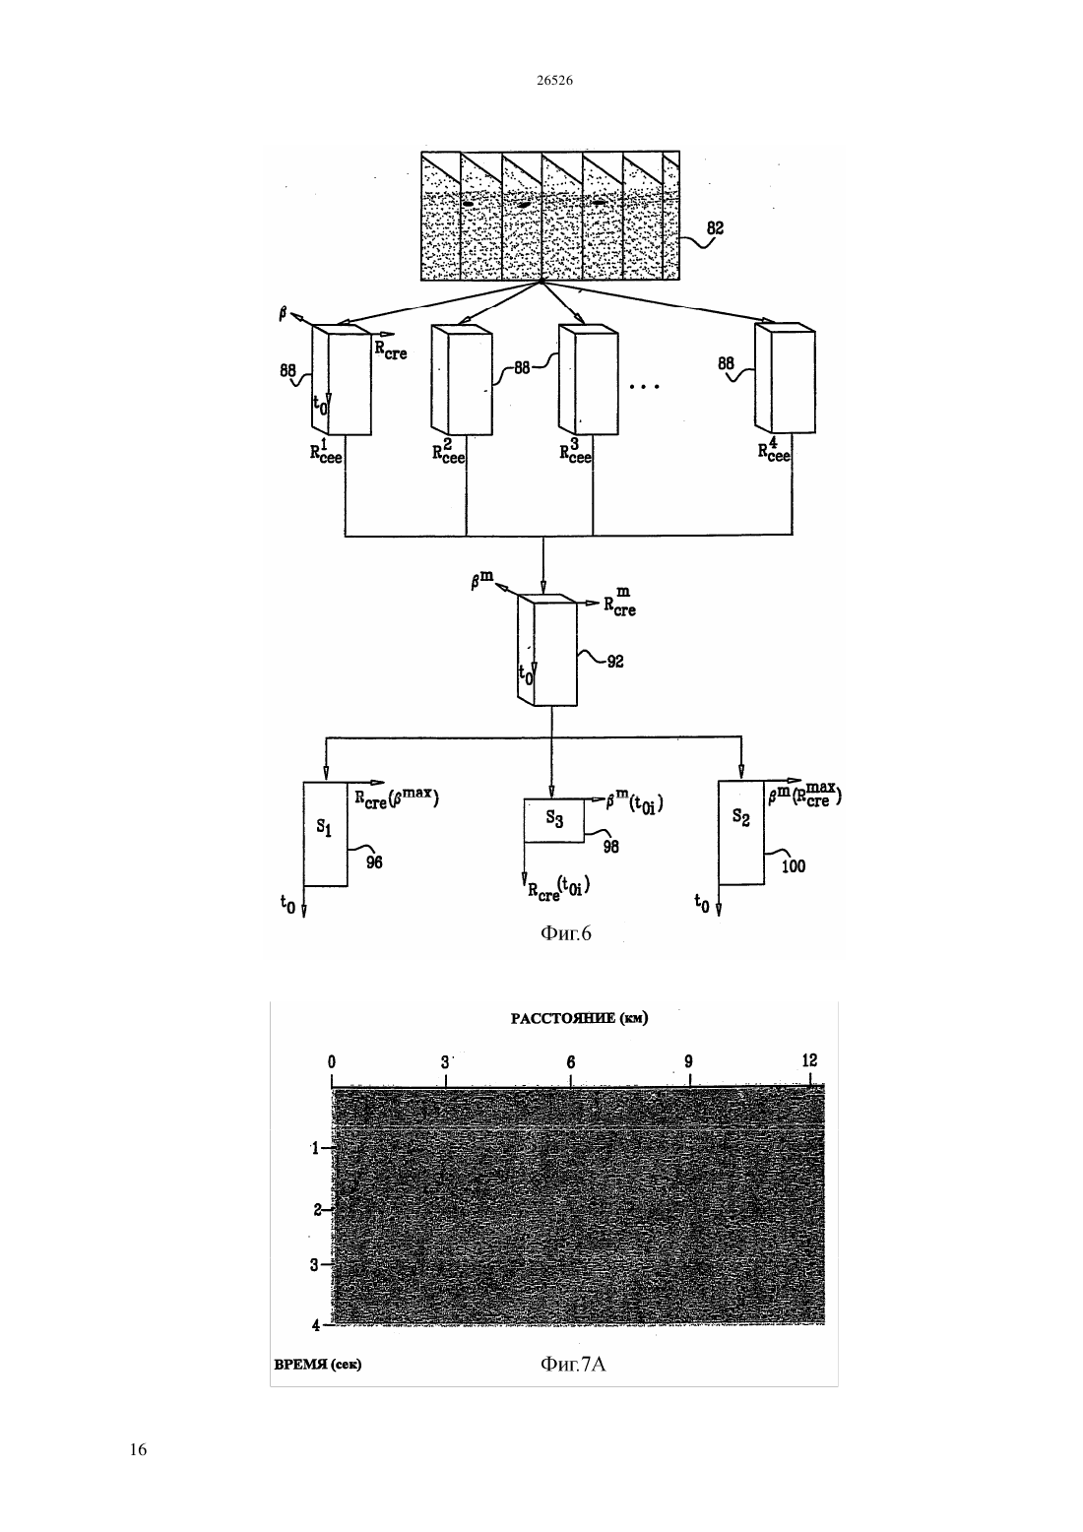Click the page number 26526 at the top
click(x=554, y=80)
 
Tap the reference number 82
click(x=715, y=227)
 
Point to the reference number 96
click(x=374, y=862)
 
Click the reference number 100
click(x=794, y=866)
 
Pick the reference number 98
click(x=610, y=847)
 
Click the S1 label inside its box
click(x=324, y=828)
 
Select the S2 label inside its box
click(x=741, y=816)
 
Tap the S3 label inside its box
click(x=554, y=818)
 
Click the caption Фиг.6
click(x=565, y=933)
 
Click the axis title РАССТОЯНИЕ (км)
click(x=579, y=1018)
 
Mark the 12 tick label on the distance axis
click(x=809, y=1060)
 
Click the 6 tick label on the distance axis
click(x=571, y=1062)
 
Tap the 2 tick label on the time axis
click(x=317, y=1210)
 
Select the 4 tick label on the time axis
click(x=316, y=1325)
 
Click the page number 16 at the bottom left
click(x=138, y=1449)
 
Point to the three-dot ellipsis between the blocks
click(x=644, y=387)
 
